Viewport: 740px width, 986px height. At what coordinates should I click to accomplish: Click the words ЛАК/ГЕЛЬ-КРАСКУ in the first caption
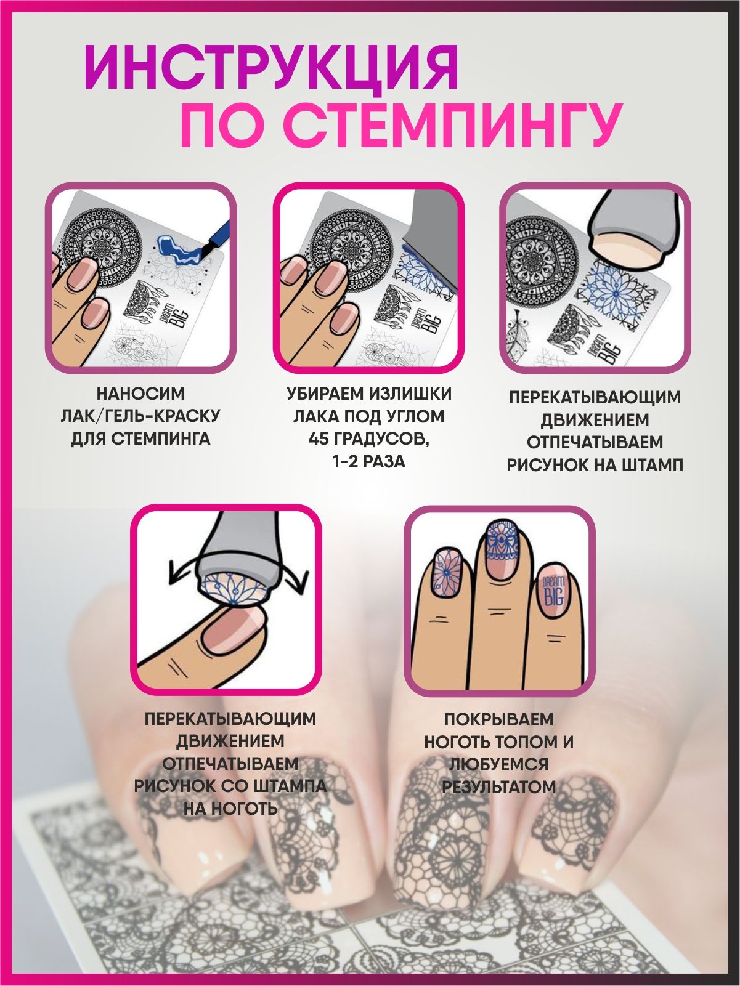[x=140, y=416]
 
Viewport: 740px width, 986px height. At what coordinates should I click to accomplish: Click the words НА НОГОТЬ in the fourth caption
[x=230, y=809]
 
